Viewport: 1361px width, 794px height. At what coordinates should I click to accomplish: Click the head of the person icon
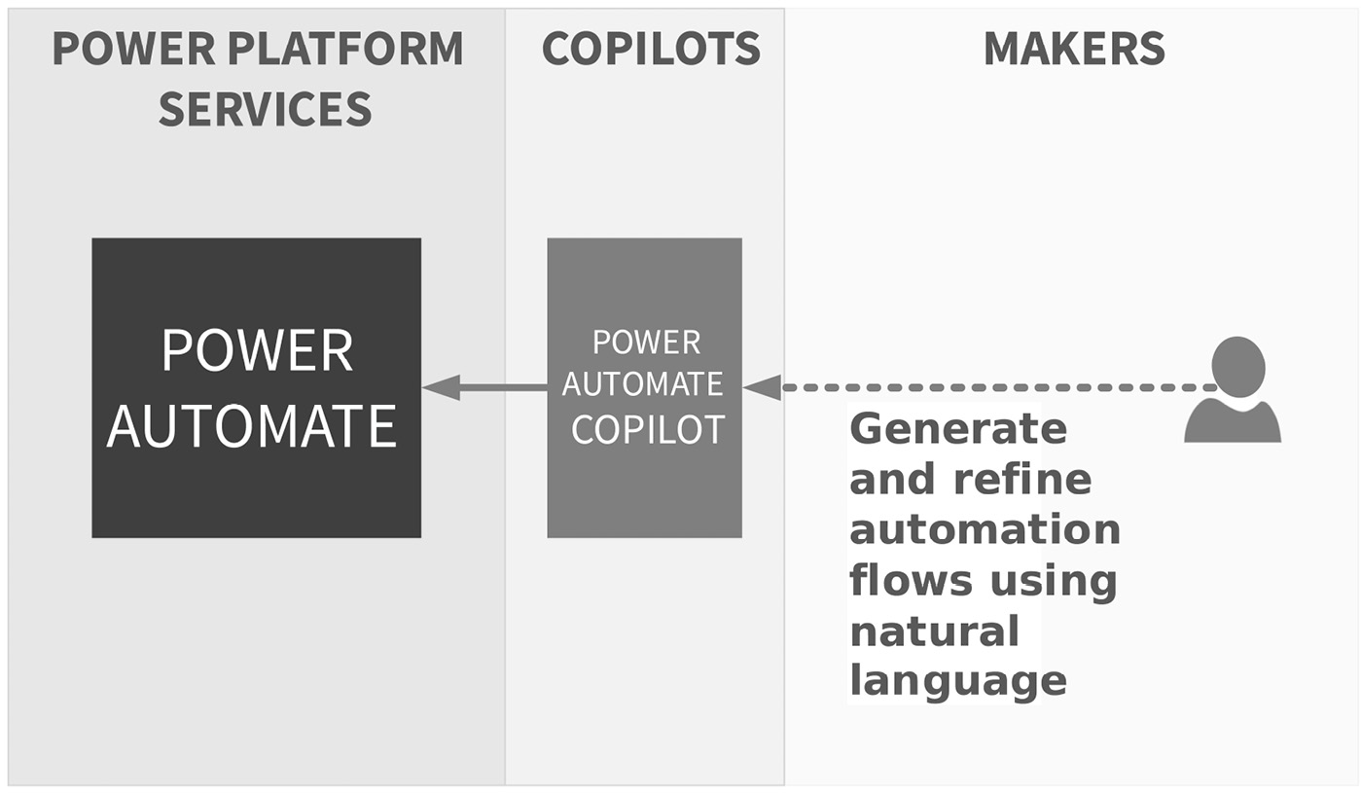coord(1237,365)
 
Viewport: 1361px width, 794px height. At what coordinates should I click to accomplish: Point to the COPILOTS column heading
coord(650,49)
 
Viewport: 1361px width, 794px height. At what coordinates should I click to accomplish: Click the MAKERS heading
coord(1073,49)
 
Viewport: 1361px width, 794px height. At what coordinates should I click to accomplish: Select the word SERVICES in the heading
coord(265,109)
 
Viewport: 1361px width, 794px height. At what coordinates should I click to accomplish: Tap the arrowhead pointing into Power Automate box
coord(440,387)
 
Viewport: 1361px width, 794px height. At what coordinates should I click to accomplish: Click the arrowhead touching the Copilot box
coord(762,387)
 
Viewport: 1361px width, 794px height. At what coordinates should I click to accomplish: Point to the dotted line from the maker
coord(992,387)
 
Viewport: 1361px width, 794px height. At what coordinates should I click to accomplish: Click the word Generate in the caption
coord(957,429)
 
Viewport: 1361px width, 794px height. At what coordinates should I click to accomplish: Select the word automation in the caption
coord(985,530)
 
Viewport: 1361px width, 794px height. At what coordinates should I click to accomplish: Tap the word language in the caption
coord(957,681)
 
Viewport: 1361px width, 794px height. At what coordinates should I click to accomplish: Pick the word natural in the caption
coord(934,631)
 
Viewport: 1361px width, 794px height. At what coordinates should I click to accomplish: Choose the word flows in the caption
coord(911,581)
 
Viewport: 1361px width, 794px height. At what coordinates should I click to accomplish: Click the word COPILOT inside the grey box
coord(647,429)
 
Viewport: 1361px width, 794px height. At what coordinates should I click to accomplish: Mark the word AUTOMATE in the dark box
coord(251,426)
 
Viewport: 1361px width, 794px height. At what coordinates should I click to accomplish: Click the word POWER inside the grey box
coord(646,343)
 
